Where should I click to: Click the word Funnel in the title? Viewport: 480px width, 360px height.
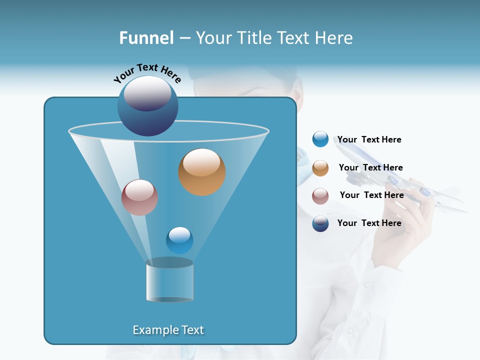[x=146, y=38]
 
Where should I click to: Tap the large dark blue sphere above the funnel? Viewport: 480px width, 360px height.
[x=147, y=106]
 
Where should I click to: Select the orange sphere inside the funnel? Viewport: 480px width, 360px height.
[x=201, y=172]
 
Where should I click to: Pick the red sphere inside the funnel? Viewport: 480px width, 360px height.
[x=139, y=197]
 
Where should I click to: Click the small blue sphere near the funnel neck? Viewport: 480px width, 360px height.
[x=179, y=240]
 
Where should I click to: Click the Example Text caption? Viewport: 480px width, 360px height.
[x=168, y=330]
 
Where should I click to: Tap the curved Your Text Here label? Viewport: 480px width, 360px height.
[x=147, y=73]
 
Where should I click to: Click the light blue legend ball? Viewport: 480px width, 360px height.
[x=320, y=139]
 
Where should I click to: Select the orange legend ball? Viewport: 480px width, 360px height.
[x=320, y=168]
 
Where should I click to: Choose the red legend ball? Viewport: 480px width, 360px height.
[x=320, y=195]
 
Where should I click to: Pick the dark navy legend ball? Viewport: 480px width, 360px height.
[x=320, y=223]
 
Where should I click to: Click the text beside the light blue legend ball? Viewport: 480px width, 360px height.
[x=369, y=140]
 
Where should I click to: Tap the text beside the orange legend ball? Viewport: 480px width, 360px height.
[x=370, y=168]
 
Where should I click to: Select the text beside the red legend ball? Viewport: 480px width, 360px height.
[x=371, y=195]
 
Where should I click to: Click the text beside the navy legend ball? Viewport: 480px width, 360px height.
[x=369, y=223]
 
